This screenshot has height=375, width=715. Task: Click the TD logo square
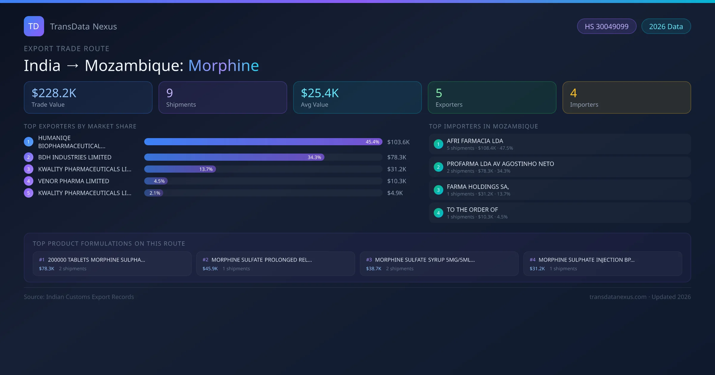[34, 26]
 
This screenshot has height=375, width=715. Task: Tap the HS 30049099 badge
[607, 26]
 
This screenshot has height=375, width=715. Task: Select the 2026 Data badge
[666, 26]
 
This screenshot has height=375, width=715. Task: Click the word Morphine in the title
[223, 65]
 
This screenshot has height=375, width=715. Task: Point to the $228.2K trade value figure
[54, 93]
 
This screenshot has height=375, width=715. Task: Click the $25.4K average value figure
[320, 93]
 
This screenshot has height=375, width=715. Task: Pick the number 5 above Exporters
[439, 93]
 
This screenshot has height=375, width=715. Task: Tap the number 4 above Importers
[573, 93]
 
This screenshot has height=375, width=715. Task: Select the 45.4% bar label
[372, 142]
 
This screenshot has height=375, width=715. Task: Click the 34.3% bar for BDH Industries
[234, 157]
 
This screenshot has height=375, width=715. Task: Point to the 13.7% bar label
[206, 169]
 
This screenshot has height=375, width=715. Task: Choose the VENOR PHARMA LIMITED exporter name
[74, 181]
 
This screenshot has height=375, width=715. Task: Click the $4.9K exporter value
[395, 193]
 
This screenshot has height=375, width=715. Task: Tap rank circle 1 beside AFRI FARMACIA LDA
[438, 144]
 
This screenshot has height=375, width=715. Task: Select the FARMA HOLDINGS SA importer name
[478, 187]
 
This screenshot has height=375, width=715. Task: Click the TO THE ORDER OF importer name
[472, 210]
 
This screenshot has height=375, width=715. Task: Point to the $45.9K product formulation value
[210, 269]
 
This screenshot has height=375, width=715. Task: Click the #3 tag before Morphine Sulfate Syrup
[369, 260]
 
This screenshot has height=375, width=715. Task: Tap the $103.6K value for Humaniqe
[398, 142]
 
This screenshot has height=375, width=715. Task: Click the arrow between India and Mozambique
[73, 66]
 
